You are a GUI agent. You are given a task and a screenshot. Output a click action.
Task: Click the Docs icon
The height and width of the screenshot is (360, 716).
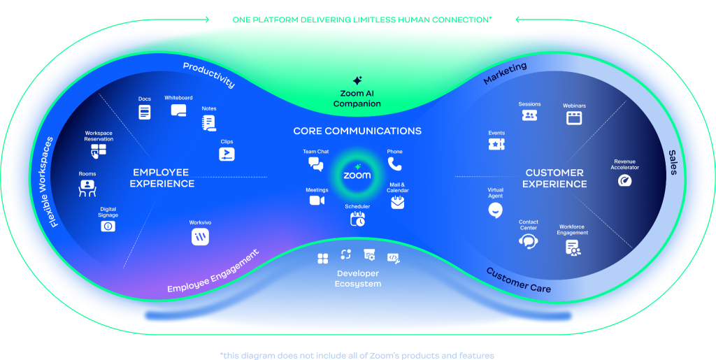(145, 112)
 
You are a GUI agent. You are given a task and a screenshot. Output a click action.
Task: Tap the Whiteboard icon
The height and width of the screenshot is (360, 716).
(178, 110)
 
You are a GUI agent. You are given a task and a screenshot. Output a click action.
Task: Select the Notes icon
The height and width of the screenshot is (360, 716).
(208, 122)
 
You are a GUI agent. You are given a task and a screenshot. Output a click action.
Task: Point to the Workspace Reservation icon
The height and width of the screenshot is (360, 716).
(99, 150)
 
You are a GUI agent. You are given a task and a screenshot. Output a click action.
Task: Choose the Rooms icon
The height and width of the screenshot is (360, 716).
(87, 187)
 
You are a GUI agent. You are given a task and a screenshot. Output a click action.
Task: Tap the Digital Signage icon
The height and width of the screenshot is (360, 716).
(108, 226)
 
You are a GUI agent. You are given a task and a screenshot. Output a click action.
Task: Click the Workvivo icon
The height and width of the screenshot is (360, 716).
(200, 237)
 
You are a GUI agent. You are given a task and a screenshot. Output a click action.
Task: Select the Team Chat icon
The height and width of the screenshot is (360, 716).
(316, 164)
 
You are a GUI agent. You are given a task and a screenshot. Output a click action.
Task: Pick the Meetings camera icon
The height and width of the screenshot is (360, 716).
(317, 201)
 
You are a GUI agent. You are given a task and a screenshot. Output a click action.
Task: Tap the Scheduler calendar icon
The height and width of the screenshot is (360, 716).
(357, 219)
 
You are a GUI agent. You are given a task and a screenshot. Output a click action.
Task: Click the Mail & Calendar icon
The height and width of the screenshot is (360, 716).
(397, 203)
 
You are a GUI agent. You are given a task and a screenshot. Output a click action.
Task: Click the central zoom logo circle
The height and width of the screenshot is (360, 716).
(357, 175)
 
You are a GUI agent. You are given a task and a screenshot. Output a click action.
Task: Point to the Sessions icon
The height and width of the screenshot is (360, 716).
(529, 115)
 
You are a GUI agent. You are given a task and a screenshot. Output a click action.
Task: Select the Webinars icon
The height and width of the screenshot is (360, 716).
(574, 117)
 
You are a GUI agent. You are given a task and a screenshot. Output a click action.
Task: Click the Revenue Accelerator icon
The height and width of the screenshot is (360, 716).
(625, 180)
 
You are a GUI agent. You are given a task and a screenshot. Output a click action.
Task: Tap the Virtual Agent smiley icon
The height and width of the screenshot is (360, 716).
(495, 209)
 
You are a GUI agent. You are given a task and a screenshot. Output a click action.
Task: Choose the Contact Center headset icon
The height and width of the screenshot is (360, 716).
(528, 240)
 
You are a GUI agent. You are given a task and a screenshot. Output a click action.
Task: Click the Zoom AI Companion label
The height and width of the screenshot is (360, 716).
(357, 99)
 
